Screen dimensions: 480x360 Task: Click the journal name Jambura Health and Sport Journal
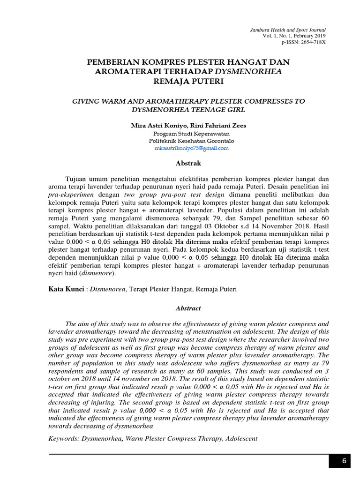[287, 30]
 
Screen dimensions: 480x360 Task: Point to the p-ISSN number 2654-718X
[303, 42]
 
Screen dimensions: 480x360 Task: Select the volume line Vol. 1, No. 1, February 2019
[294, 36]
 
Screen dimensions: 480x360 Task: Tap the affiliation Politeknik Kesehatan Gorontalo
[191, 141]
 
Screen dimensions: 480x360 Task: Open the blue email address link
[191, 148]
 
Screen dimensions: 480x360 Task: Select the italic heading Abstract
[188, 308]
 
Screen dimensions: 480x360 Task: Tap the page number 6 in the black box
[344, 461]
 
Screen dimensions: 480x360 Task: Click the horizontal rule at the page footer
[187, 454]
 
